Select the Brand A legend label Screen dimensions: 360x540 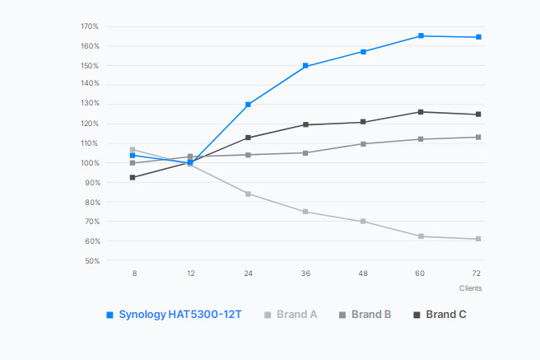297,315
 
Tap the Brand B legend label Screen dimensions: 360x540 370,315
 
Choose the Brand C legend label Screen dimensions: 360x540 445,315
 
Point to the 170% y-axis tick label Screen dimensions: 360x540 90,26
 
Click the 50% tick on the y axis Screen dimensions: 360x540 91,261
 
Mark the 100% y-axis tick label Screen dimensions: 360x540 90,163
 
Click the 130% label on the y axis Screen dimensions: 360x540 90,105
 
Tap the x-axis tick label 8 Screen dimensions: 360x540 133,273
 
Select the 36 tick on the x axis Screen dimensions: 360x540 305,273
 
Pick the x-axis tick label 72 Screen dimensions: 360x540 477,273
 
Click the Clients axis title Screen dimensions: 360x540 471,288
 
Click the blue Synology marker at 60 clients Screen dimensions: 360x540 421,36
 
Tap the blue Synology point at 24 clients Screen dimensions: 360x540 248,105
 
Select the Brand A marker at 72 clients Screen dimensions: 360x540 478,239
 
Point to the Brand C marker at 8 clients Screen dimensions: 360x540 133,177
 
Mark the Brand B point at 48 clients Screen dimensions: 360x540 363,144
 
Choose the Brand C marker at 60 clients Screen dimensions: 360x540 421,112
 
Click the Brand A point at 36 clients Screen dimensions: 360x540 305,212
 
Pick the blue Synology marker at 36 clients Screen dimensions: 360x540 305,66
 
